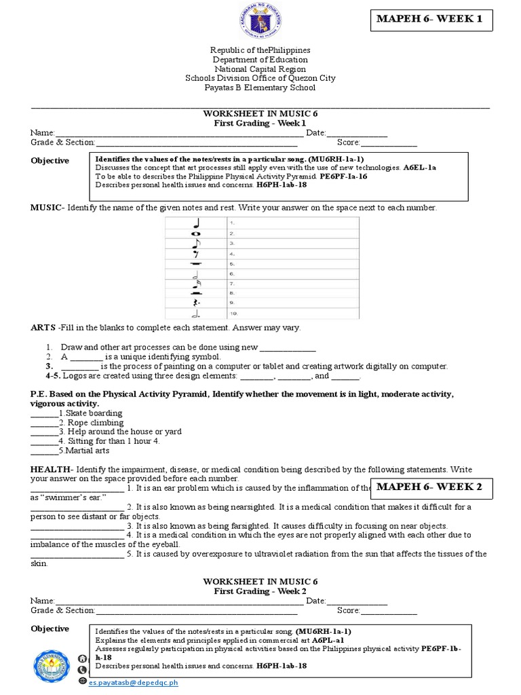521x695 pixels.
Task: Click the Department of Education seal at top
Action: [260, 22]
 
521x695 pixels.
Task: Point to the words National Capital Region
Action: [260, 69]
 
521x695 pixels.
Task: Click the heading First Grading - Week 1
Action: [260, 124]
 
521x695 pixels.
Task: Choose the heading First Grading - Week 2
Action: [260, 592]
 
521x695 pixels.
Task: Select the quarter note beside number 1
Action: [196, 223]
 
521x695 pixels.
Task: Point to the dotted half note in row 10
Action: [196, 314]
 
